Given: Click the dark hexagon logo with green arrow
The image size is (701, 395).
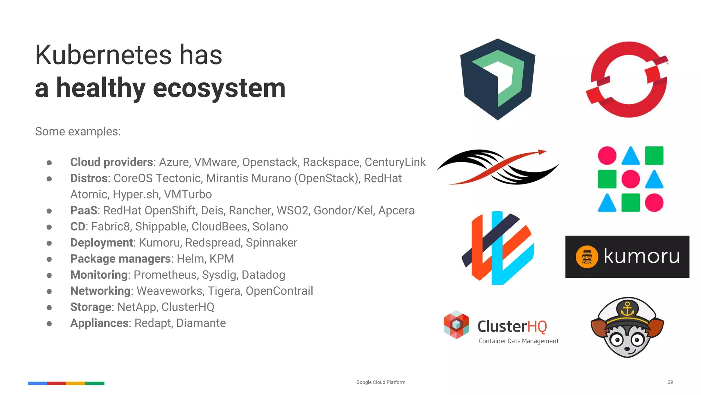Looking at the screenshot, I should point(498,80).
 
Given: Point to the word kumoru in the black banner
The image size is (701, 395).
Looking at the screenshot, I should point(641,256).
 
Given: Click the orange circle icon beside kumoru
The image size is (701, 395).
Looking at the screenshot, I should point(587,257).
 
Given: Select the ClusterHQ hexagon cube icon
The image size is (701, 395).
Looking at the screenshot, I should point(456,325).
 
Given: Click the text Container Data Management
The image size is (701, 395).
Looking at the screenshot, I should point(519,341).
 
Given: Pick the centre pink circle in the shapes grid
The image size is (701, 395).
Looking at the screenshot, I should point(630,179).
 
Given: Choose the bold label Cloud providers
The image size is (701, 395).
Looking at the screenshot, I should point(112,162).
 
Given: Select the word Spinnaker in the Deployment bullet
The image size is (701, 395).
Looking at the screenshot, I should point(271,243).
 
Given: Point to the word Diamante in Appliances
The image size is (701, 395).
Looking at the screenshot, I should point(201,323).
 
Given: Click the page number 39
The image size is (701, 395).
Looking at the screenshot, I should point(670,382).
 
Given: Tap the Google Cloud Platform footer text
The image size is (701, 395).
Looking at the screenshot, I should point(381,382).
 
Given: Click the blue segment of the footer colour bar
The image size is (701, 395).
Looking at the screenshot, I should point(37,383).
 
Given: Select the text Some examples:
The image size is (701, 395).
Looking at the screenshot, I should point(78,132).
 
